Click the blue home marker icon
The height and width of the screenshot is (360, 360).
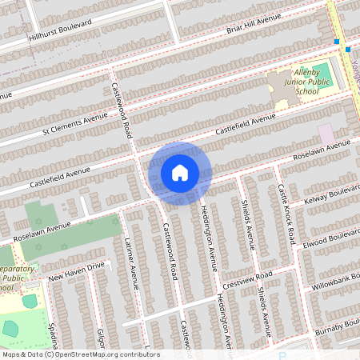pos(179,172)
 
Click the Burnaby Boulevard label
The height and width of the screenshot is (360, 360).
pos(336,327)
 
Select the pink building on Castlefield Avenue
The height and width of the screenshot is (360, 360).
pos(326,133)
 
